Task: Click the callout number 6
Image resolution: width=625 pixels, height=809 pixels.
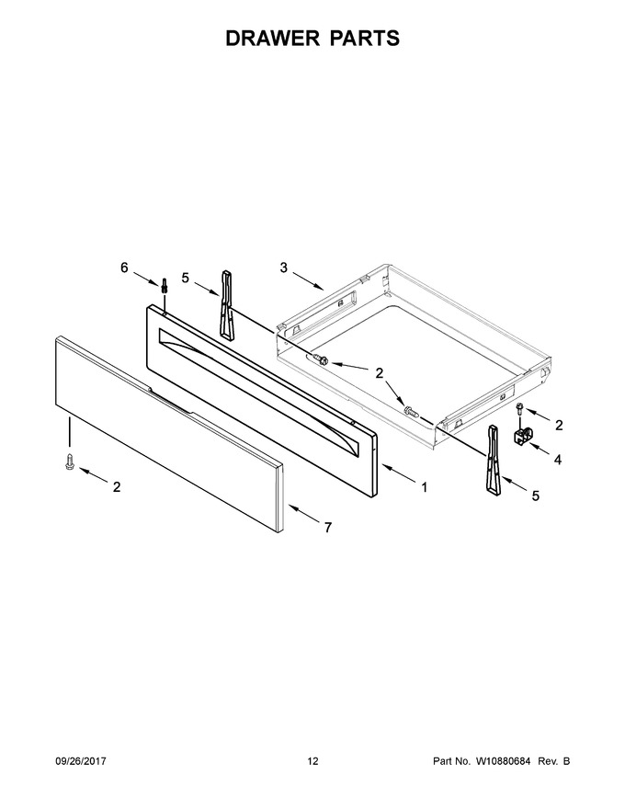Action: coord(124,268)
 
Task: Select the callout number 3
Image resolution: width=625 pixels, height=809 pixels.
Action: coord(284,268)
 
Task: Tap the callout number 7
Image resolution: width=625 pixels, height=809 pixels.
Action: coord(327,528)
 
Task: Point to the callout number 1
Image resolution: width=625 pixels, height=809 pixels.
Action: coord(425,487)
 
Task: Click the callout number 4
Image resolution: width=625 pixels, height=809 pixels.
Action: coord(558,459)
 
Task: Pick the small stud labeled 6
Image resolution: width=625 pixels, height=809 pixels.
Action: coord(165,285)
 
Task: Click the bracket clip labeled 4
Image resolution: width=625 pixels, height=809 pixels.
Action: coord(522,436)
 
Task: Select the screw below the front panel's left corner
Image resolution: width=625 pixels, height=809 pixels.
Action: coord(69,461)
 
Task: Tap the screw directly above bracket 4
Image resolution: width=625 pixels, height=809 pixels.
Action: coord(520,409)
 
